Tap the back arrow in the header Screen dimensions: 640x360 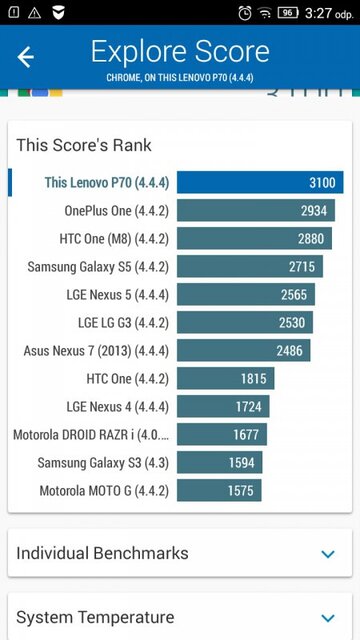point(26,57)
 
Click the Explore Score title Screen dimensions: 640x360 point(180,52)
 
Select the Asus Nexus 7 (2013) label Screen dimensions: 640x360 point(96,351)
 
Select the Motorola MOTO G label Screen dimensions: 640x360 point(104,491)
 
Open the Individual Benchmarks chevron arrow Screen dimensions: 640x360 point(328,554)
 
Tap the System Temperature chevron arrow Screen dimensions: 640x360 point(328,618)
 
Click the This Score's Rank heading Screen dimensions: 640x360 point(84,145)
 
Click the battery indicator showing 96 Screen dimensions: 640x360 point(288,13)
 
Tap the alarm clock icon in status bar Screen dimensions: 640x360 point(246,13)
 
